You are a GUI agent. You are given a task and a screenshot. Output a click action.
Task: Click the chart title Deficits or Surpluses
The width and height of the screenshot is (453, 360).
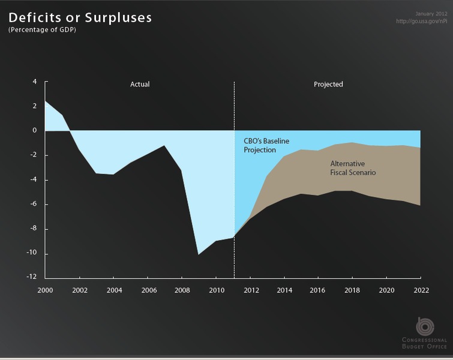(80, 17)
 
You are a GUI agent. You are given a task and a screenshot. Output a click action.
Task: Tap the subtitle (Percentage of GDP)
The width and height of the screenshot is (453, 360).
(42, 30)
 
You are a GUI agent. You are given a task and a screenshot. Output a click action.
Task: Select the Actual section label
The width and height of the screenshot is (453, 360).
(140, 84)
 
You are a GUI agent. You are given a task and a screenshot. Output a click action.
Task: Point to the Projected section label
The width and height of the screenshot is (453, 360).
(328, 85)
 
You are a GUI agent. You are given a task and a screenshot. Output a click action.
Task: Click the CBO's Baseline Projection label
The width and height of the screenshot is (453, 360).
(266, 145)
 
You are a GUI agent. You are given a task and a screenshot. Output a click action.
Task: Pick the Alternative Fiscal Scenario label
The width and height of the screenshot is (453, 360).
(353, 168)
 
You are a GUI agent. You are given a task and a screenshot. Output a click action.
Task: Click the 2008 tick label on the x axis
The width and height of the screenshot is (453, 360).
(182, 290)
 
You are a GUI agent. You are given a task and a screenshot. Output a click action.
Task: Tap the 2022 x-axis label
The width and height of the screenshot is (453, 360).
(421, 290)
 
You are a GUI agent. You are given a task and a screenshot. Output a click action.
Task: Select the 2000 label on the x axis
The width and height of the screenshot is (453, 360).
(45, 290)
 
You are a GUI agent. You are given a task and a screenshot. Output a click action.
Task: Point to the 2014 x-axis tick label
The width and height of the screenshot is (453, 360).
(284, 290)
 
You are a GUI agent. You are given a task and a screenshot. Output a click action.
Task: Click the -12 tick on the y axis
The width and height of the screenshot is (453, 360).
(32, 277)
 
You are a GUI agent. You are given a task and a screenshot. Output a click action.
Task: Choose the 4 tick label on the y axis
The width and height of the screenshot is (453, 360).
(35, 82)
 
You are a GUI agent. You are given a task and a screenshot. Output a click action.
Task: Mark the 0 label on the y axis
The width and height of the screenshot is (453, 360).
(35, 130)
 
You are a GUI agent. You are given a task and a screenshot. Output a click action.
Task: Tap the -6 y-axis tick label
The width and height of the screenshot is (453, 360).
(33, 203)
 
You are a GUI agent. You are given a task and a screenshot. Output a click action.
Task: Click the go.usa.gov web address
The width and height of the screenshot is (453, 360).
(422, 21)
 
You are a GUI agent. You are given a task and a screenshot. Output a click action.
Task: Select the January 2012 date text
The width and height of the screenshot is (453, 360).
(431, 14)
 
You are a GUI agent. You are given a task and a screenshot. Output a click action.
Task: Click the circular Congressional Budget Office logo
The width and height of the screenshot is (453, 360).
(425, 326)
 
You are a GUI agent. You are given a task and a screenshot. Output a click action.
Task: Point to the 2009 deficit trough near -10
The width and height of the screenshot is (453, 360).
(198, 254)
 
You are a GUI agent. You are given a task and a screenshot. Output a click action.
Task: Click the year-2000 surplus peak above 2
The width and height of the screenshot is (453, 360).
(46, 101)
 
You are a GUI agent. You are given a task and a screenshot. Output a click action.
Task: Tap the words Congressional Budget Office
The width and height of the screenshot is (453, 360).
(424, 343)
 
